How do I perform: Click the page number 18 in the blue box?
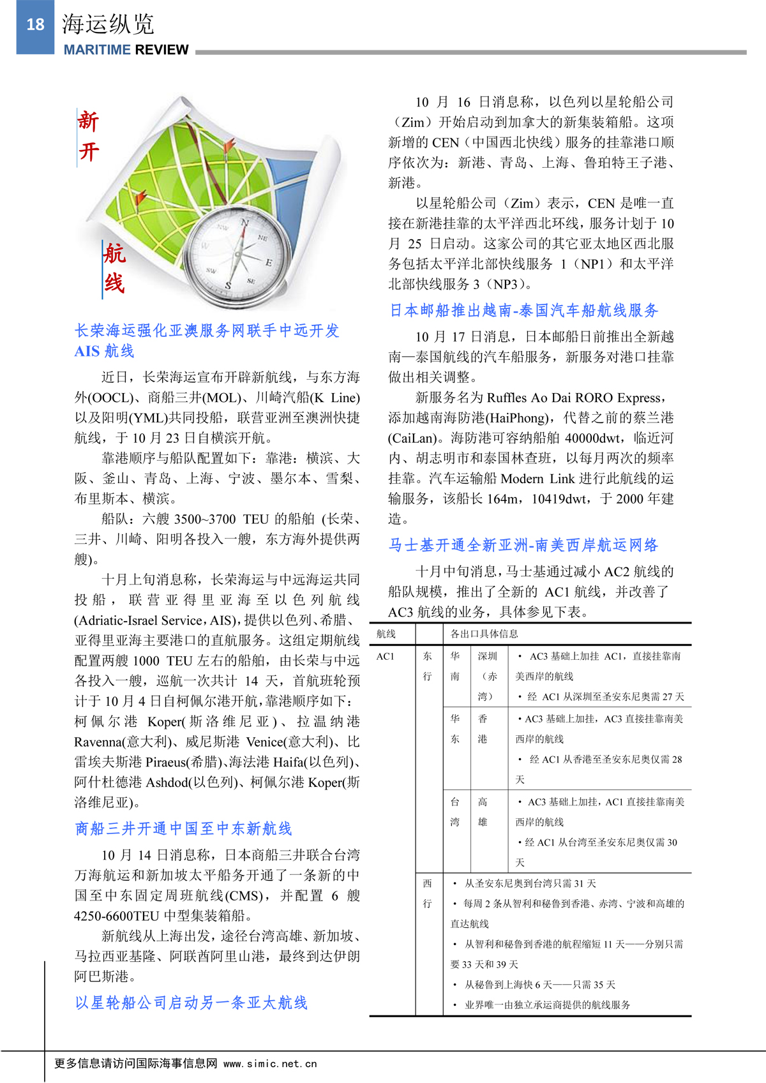pos(35,25)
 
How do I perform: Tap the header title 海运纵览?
pos(108,24)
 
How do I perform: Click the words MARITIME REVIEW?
pos(126,50)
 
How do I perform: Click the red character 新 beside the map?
pos(89,121)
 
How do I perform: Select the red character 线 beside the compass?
pos(114,283)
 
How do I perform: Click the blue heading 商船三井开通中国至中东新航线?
pos(183,828)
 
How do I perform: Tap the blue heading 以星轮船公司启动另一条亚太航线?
pos(191,1003)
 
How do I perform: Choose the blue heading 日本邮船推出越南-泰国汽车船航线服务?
pos(523,311)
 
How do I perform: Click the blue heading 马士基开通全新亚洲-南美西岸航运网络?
pos(523,545)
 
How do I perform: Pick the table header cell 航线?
pos(386,634)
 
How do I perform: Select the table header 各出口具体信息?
pos(484,634)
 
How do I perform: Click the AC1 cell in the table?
pos(386,656)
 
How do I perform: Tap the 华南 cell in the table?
pos(454,666)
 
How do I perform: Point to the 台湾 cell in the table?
pos(454,812)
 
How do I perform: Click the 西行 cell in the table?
pos(427,893)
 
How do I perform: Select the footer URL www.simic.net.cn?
pos(270,1064)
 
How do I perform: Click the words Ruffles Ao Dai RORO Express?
pos(574,398)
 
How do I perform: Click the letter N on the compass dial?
pos(244,223)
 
